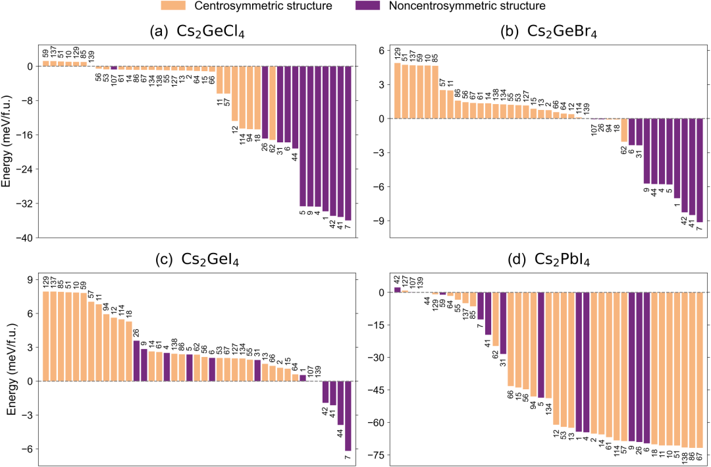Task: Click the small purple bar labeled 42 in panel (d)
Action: coord(398,290)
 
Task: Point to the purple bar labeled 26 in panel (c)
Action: coord(136,360)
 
